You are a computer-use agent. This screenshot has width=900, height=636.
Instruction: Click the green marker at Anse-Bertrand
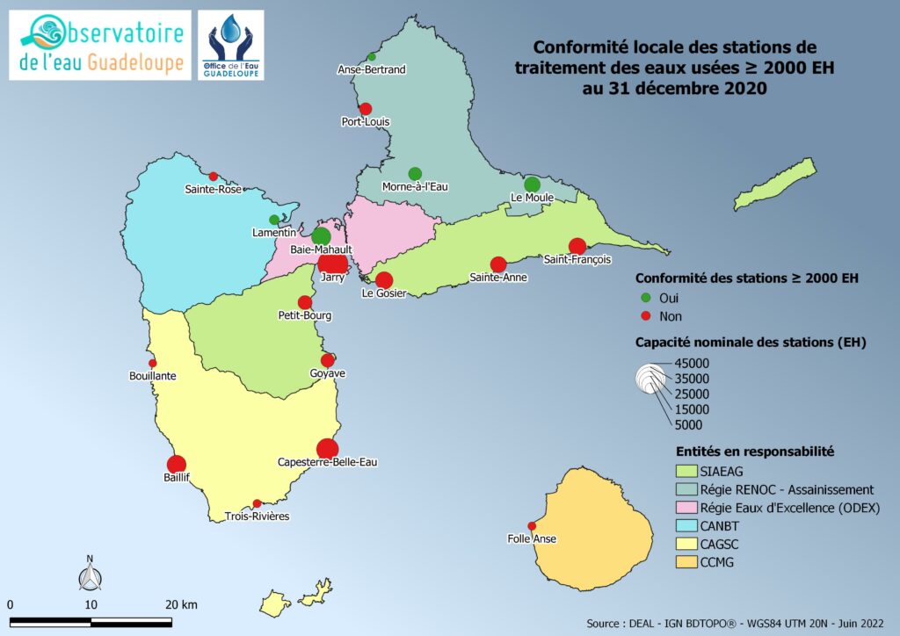tap(372, 57)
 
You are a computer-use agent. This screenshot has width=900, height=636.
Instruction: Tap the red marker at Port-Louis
tap(366, 109)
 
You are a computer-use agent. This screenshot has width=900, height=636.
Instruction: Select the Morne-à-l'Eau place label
tap(414, 187)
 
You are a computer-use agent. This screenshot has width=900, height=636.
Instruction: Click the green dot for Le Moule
tap(532, 184)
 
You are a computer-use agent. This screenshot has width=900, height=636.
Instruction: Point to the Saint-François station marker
tap(577, 247)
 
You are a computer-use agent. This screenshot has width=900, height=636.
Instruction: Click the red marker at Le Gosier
tap(383, 280)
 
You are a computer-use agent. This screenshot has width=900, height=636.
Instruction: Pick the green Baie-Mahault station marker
tap(322, 235)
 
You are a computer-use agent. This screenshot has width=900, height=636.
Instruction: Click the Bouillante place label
tap(153, 376)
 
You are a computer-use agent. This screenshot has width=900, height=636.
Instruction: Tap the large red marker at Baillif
tap(176, 465)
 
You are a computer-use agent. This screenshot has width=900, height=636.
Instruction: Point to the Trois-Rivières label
tap(257, 517)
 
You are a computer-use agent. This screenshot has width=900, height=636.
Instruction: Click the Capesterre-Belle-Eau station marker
tap(327, 449)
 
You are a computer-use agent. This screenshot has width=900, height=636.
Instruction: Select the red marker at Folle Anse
tap(532, 526)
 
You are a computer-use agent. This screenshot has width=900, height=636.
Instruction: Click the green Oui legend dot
tap(645, 298)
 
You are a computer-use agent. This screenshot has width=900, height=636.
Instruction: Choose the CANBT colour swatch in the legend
tap(681, 525)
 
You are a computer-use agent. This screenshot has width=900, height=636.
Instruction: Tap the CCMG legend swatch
tap(681, 562)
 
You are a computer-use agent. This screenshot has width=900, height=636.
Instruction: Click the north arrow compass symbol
tap(90, 575)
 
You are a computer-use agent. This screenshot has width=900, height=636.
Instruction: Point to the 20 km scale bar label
tap(181, 605)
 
